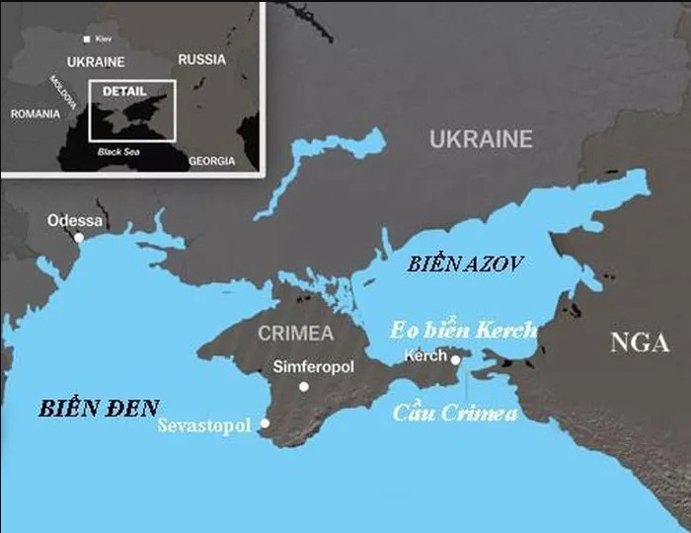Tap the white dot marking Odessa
pyautogui.click(x=79, y=237)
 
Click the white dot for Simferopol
pyautogui.click(x=304, y=386)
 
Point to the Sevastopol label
pyautogui.click(x=204, y=426)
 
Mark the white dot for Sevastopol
pyautogui.click(x=265, y=423)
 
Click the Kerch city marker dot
pyautogui.click(x=455, y=360)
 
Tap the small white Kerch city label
pyautogui.click(x=426, y=355)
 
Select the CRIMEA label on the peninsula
pyautogui.click(x=296, y=334)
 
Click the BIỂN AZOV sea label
pyautogui.click(x=465, y=264)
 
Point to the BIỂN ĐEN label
pyautogui.click(x=99, y=408)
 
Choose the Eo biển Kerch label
pyautogui.click(x=463, y=330)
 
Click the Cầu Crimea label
pyautogui.click(x=455, y=413)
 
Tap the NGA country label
pyautogui.click(x=639, y=343)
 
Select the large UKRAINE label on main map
pyautogui.click(x=481, y=139)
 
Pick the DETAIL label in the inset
pyautogui.click(x=123, y=90)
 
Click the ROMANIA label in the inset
pyautogui.click(x=36, y=114)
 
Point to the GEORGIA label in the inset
pyautogui.click(x=212, y=161)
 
